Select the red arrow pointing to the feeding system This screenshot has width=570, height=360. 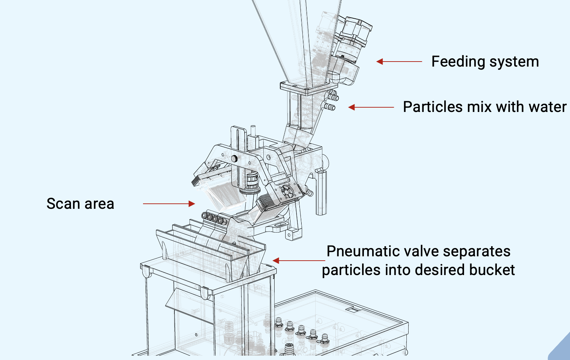point(399,62)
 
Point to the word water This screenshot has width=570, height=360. point(547,107)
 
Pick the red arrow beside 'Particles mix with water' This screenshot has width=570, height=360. point(371,107)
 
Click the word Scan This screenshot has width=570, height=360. point(63,204)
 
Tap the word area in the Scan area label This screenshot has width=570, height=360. point(99,204)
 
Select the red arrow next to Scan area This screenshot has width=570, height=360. point(169,204)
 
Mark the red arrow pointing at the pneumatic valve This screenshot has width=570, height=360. point(299,261)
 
